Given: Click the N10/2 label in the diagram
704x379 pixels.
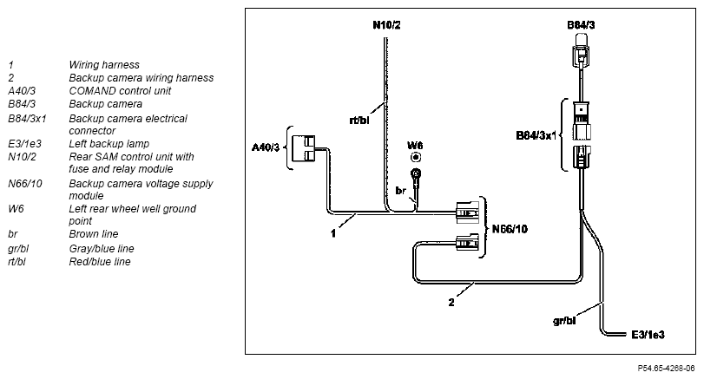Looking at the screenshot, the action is [x=386, y=25].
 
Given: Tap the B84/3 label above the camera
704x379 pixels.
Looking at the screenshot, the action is [x=581, y=25].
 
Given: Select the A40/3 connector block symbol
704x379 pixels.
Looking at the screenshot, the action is [x=304, y=148].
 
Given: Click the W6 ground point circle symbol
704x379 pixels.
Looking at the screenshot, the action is [x=416, y=158].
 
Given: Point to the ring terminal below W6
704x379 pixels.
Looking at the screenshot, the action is [x=416, y=173].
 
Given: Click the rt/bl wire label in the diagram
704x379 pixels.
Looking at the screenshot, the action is [x=359, y=121].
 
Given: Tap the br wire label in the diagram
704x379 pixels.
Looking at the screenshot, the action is [x=400, y=191].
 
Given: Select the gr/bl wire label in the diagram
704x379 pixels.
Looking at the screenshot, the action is [x=564, y=321].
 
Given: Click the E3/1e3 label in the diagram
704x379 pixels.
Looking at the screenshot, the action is [x=648, y=335].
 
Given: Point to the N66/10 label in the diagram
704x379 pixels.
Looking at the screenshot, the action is [x=510, y=229].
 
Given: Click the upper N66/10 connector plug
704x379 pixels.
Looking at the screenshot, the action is [x=467, y=212].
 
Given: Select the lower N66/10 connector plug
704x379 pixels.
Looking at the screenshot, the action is [x=467, y=243].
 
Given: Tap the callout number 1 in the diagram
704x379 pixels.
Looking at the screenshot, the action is [x=333, y=233].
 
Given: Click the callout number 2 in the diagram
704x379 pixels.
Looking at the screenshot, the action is [x=451, y=303].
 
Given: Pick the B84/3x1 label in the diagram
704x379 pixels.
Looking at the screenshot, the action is [x=536, y=135].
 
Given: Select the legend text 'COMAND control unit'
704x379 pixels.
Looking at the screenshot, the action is [x=120, y=90].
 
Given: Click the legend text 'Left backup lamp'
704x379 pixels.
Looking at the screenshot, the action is [x=109, y=143].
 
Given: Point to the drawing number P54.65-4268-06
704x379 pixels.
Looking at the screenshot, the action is [x=666, y=369].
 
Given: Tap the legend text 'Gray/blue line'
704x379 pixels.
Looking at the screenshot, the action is [x=102, y=249].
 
